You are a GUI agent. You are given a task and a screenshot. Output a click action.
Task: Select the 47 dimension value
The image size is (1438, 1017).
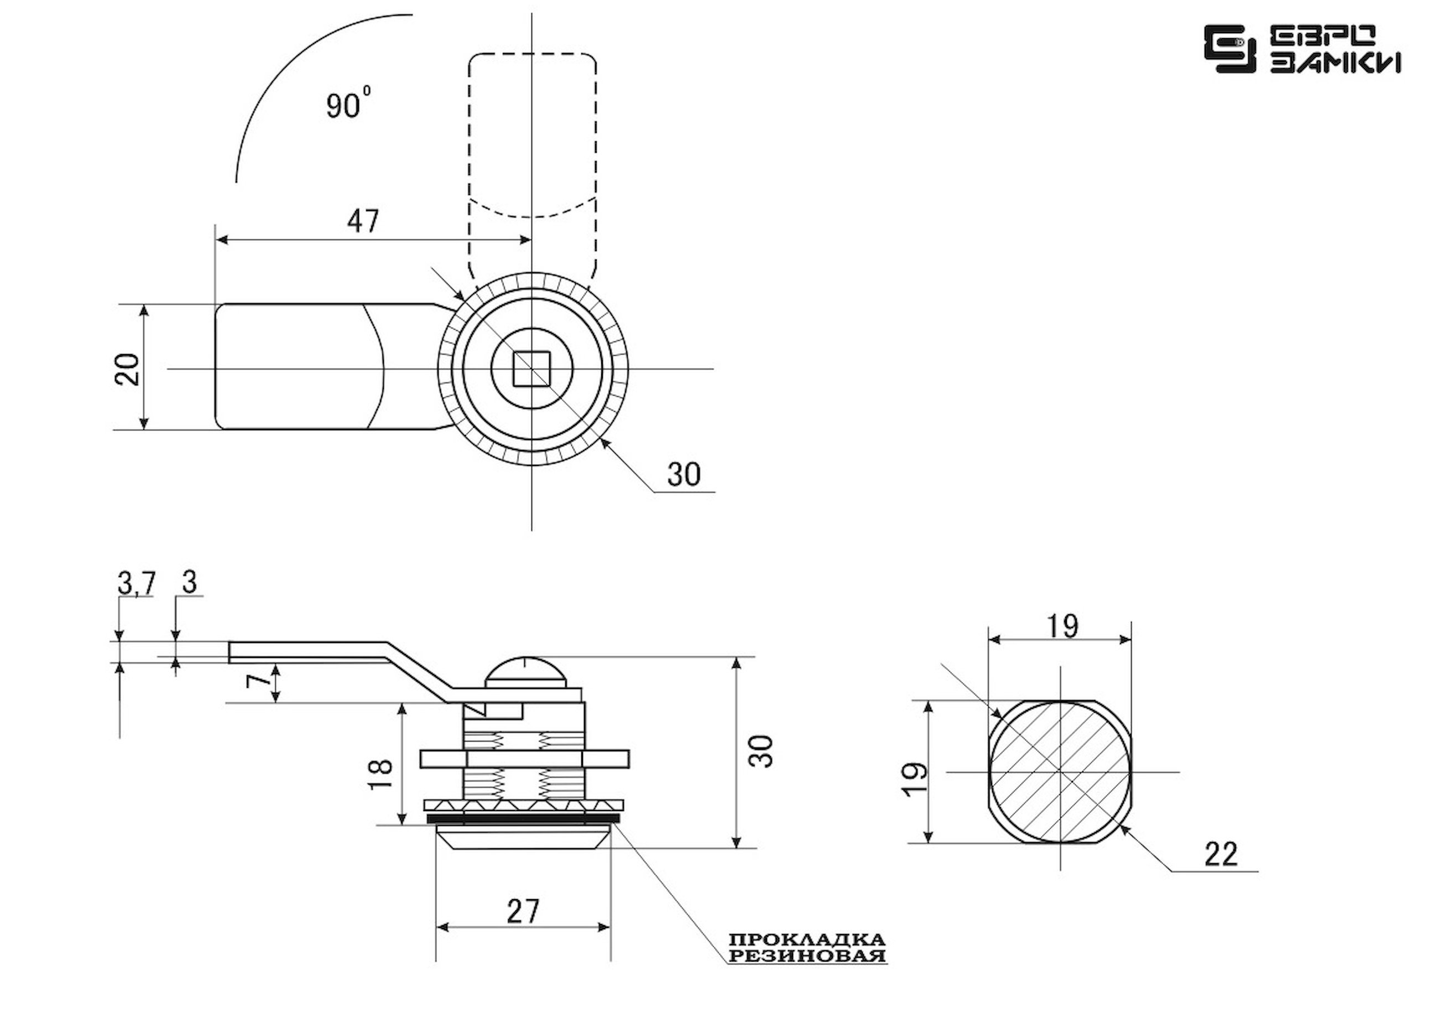tap(363, 221)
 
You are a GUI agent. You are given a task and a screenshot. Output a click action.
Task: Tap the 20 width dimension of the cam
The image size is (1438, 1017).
tap(128, 369)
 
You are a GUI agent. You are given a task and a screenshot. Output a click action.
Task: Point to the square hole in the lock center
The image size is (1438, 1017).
tap(532, 369)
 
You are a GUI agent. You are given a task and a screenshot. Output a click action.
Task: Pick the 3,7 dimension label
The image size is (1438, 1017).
tap(136, 583)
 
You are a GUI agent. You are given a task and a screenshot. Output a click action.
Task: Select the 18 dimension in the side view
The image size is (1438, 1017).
tap(381, 774)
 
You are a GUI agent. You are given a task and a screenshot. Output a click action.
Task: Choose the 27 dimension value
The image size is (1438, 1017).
tap(523, 911)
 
